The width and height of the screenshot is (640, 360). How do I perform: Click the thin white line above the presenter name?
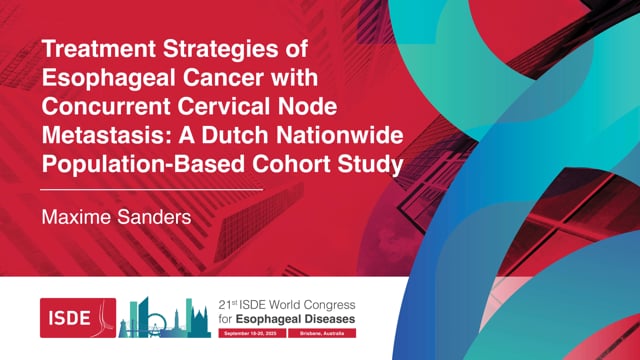[151, 188]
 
